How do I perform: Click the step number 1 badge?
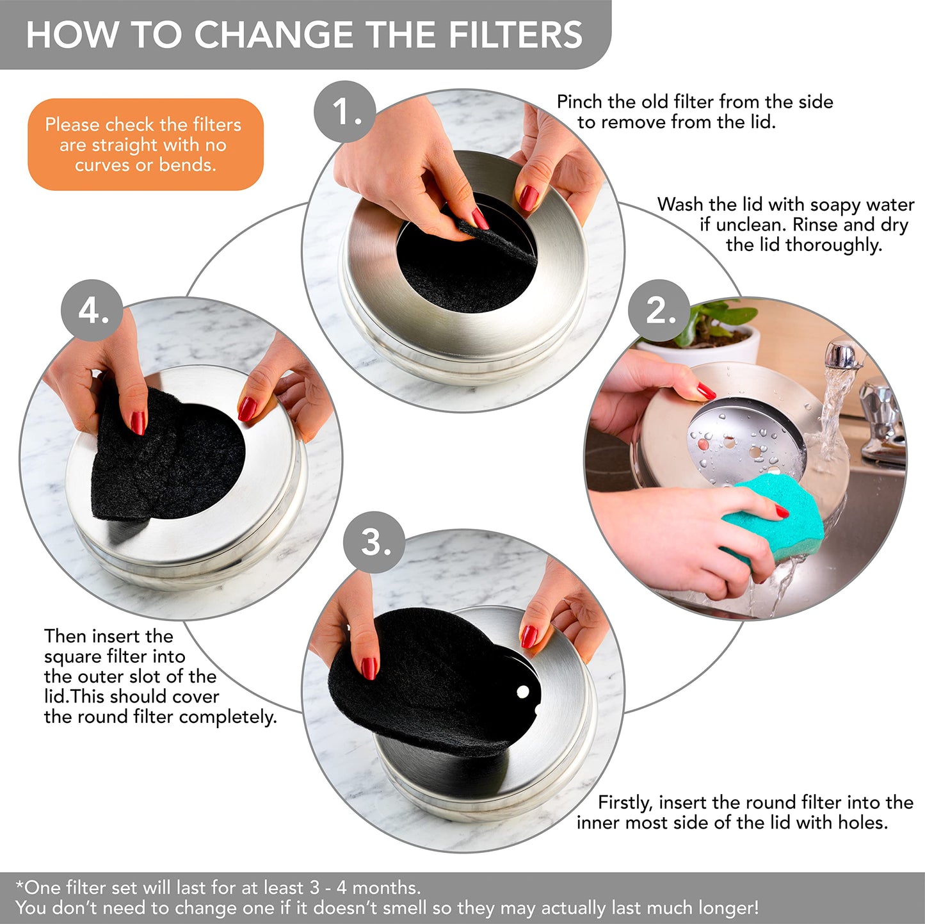pyautogui.click(x=345, y=112)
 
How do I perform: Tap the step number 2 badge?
pyautogui.click(x=659, y=311)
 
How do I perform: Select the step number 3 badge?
pyautogui.click(x=374, y=542)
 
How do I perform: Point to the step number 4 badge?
pyautogui.click(x=92, y=311)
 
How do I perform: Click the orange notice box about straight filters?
pyautogui.click(x=145, y=145)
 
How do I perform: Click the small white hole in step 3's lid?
pyautogui.click(x=522, y=692)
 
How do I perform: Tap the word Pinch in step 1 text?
pyautogui.click(x=580, y=102)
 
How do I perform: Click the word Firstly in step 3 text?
pyautogui.click(x=625, y=802)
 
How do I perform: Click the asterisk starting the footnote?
pyautogui.click(x=19, y=886)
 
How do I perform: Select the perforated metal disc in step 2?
pyautogui.click(x=743, y=442)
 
